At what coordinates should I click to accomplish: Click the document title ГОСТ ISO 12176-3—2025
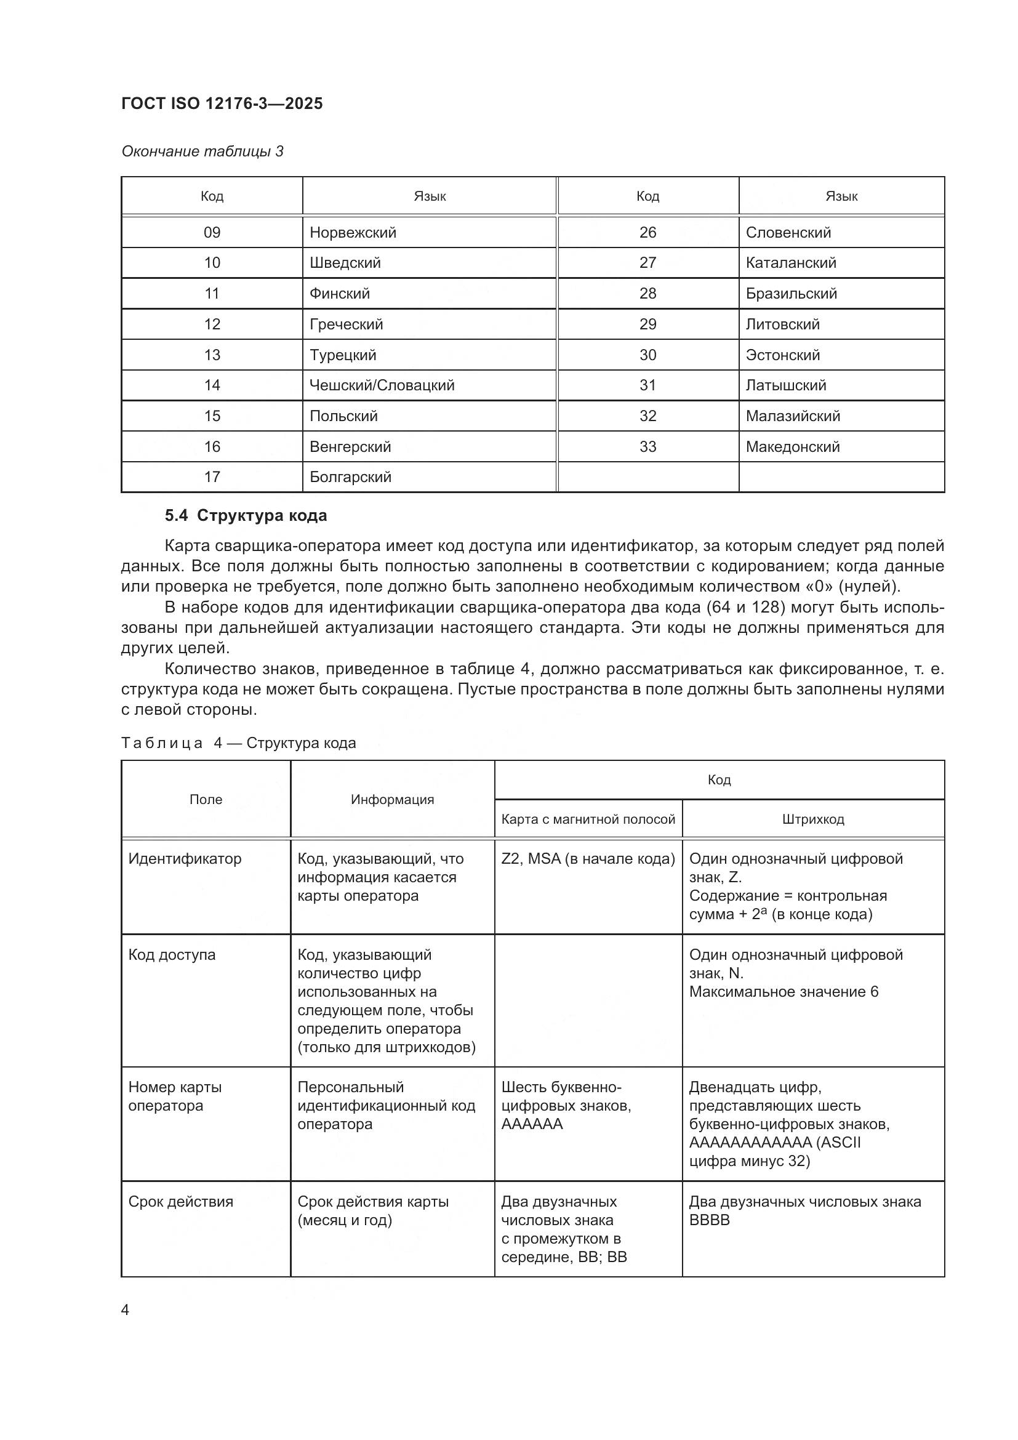pyautogui.click(x=222, y=103)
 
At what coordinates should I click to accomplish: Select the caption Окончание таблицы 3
pyautogui.click(x=202, y=151)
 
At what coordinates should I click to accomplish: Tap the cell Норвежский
pyautogui.click(x=353, y=233)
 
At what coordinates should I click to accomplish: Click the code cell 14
pyautogui.click(x=212, y=385)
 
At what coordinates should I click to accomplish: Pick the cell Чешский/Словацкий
pyautogui.click(x=382, y=385)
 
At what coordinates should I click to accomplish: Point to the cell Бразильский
pyautogui.click(x=791, y=294)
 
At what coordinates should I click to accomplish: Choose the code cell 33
pyautogui.click(x=647, y=446)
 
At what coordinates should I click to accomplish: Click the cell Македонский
pyautogui.click(x=792, y=446)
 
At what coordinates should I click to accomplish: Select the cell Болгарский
pyautogui.click(x=350, y=477)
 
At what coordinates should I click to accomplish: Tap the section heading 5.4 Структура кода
pyautogui.click(x=246, y=515)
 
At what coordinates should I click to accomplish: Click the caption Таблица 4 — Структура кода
pyautogui.click(x=238, y=742)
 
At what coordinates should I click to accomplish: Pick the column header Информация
pyautogui.click(x=393, y=799)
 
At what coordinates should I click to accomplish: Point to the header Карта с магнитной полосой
pyautogui.click(x=588, y=819)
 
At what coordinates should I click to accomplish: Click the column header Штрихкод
pyautogui.click(x=813, y=819)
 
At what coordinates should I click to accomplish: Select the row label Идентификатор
pyautogui.click(x=184, y=859)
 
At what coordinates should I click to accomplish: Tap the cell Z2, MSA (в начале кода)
pyautogui.click(x=588, y=859)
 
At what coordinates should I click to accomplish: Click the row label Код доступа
pyautogui.click(x=172, y=955)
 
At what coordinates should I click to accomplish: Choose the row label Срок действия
pyautogui.click(x=180, y=1202)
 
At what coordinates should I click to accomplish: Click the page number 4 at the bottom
pyautogui.click(x=125, y=1309)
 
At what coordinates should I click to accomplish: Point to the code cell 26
pyautogui.click(x=647, y=233)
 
